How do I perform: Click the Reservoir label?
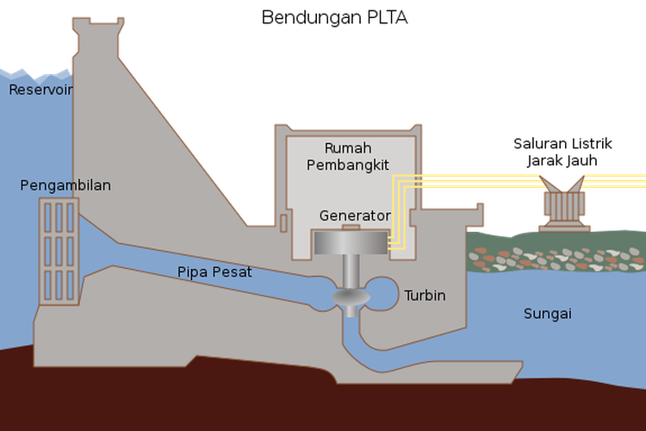pos(40,90)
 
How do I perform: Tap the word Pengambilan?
pos(65,185)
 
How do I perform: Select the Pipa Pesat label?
pos(214,272)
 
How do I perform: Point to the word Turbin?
pos(425,296)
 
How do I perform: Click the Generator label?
pos(355,215)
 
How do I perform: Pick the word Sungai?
pos(547,314)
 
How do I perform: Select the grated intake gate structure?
pos(59,250)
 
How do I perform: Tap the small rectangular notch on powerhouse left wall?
pos(283,223)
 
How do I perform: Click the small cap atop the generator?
pos(351,228)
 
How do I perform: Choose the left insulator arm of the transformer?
pos(547,183)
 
